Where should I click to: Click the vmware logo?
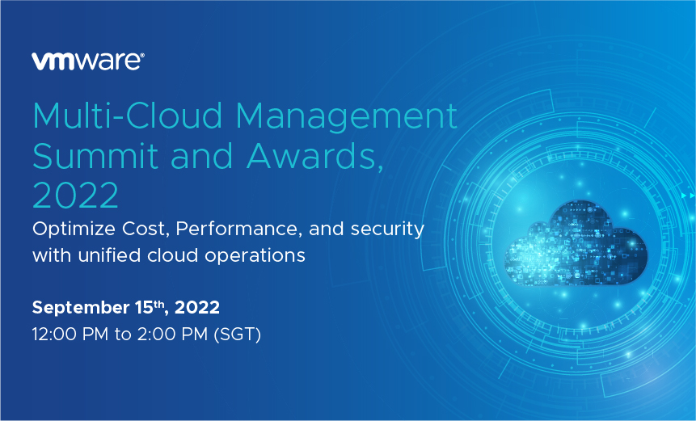88,61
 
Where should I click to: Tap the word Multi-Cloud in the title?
128,116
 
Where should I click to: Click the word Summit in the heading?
95,156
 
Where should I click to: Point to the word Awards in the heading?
312,156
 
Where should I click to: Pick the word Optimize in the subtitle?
74,229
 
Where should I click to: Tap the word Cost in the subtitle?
146,229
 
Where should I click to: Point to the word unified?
109,255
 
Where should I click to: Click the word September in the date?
81,308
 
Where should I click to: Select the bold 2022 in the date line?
197,307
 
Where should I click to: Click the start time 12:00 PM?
70,334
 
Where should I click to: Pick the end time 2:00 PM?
172,334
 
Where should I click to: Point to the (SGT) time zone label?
238,335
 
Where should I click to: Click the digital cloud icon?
576,243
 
